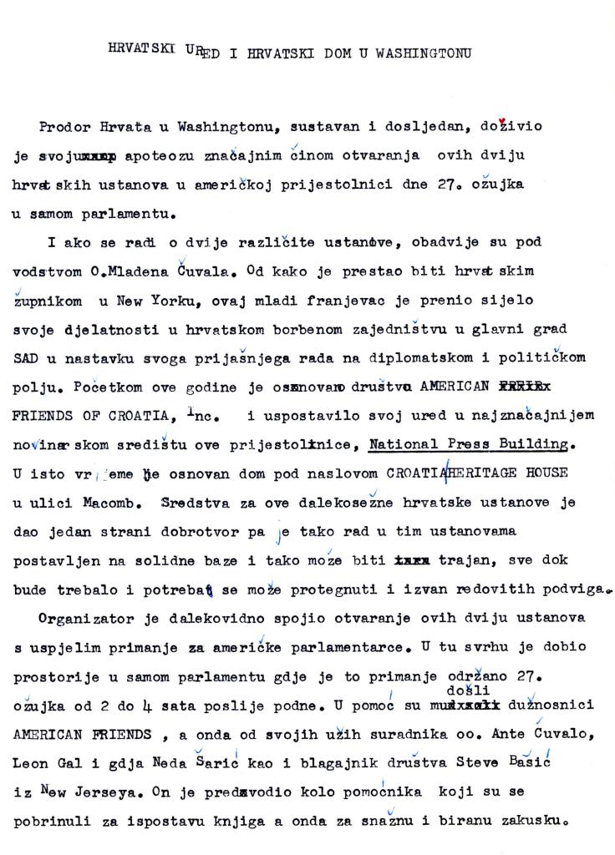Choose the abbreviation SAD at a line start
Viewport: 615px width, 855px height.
click(27, 357)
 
